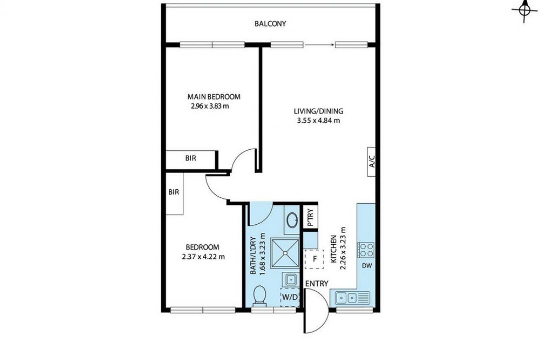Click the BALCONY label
coord(270,24)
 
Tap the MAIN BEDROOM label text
coord(213,97)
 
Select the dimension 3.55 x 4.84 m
coord(319,120)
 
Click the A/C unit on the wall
coord(372,161)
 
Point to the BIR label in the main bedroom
coord(191,158)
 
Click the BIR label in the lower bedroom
coord(174,192)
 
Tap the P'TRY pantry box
coord(310,217)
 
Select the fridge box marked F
coord(314,259)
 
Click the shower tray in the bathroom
coord(285,253)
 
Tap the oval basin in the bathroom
coord(293,219)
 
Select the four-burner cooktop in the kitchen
coord(366,250)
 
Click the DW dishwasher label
coord(367,265)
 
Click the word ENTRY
coord(317,283)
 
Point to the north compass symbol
coord(524,11)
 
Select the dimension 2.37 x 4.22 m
coord(203,256)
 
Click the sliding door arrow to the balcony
coord(319,45)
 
